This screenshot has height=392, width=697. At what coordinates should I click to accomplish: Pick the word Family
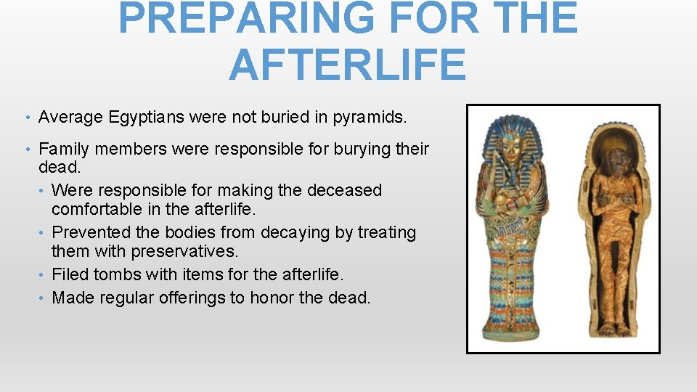click(64, 150)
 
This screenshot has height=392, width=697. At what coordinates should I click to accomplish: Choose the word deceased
click(344, 190)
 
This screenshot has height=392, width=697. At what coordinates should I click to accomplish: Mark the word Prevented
click(90, 233)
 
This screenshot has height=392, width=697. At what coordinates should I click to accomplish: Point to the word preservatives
click(195, 252)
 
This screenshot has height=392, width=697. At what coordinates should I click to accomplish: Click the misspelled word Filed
click(70, 274)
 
